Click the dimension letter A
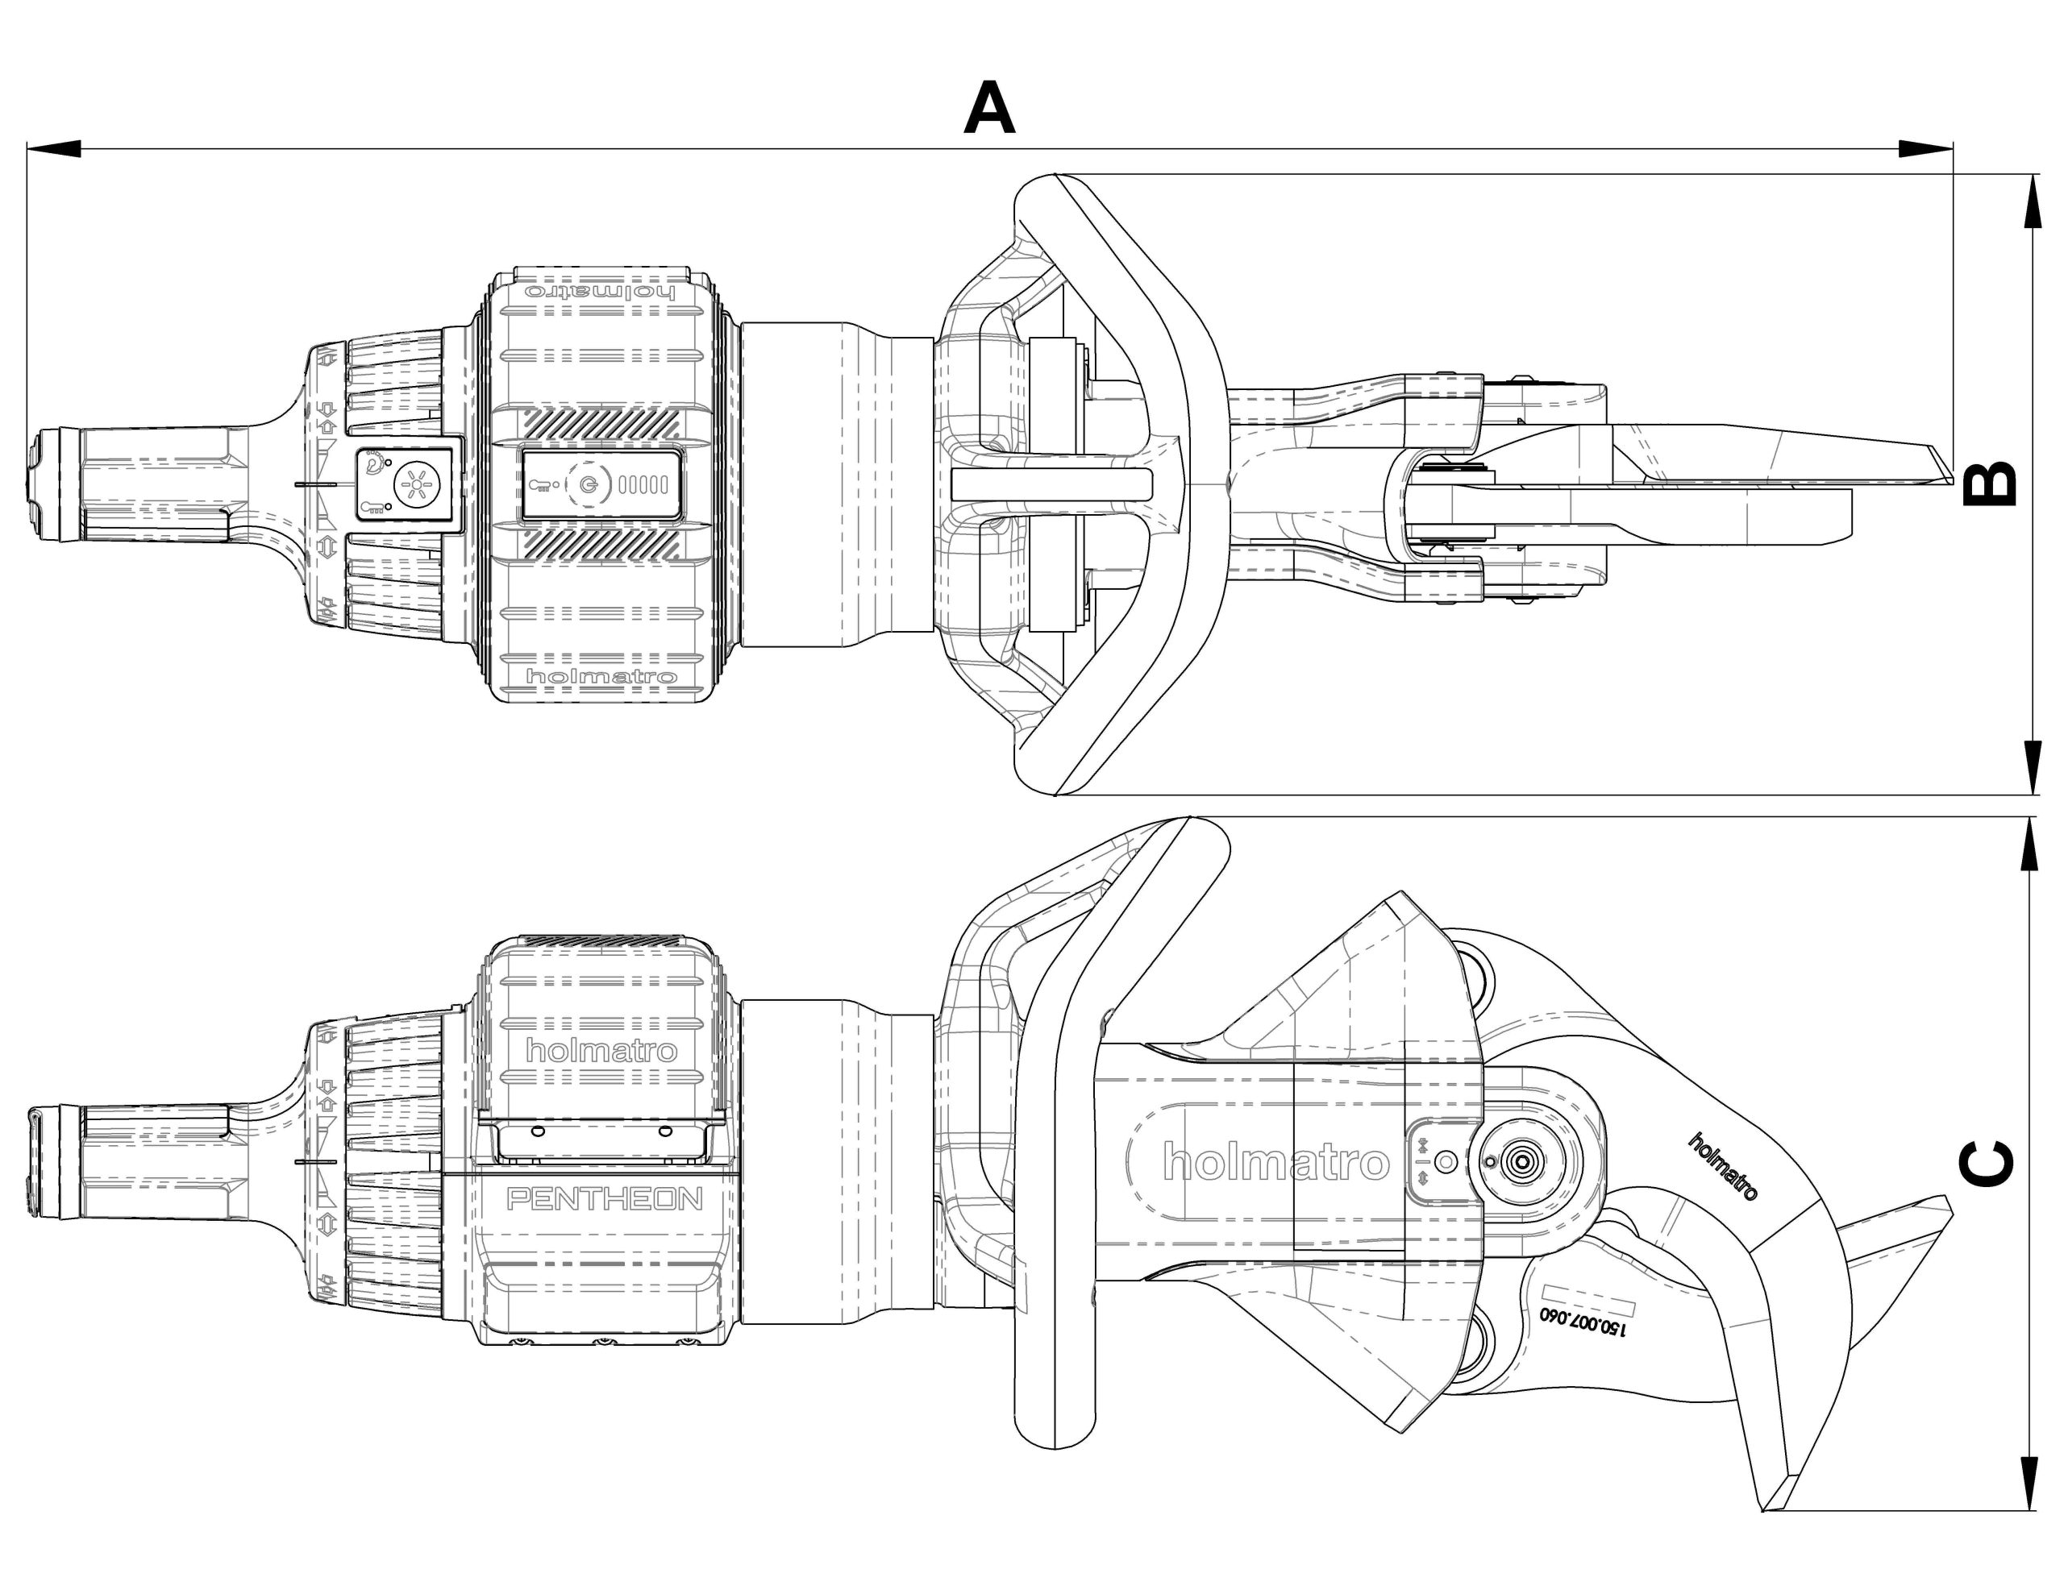[989, 110]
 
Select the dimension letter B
[1988, 484]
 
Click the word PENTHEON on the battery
[605, 1199]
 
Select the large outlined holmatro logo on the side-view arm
[1275, 1162]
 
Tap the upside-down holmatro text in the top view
[601, 291]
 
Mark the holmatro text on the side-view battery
[601, 1050]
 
